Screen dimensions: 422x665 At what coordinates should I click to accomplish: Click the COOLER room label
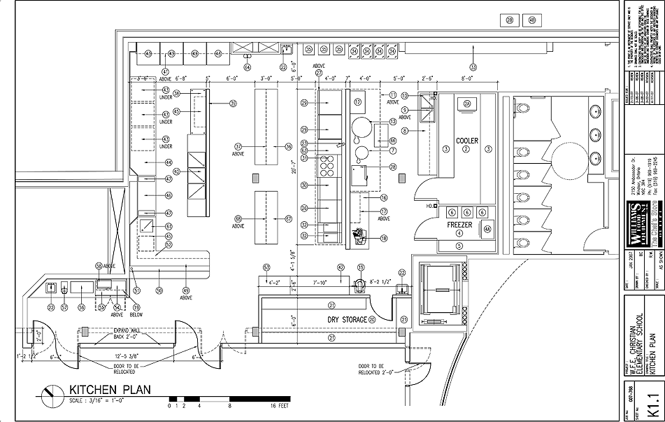tap(467, 141)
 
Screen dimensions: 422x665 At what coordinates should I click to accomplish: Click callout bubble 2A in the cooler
tap(467, 104)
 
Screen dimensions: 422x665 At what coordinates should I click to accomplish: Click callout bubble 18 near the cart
tap(384, 238)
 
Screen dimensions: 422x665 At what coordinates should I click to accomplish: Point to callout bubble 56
tap(81, 307)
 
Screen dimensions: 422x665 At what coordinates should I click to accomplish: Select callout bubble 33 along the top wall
tap(473, 67)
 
